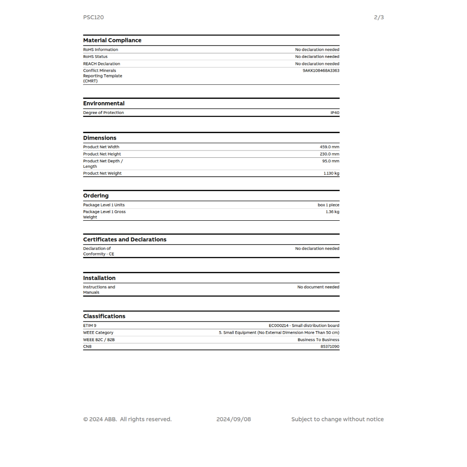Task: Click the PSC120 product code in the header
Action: [x=93, y=17]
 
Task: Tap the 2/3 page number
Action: [x=379, y=17]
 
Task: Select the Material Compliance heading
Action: [x=112, y=40]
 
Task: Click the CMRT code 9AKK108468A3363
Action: [x=321, y=71]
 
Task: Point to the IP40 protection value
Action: [x=335, y=113]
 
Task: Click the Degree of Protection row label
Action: [x=104, y=113]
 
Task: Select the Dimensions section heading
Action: [x=99, y=138]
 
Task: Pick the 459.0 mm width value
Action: [x=329, y=147]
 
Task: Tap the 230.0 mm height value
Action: [x=329, y=154]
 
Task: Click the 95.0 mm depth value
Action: [x=331, y=161]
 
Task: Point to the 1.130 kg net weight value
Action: [x=331, y=173]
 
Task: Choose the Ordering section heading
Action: [x=96, y=196]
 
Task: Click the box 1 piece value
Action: [x=328, y=205]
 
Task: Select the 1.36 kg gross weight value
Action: [x=332, y=212]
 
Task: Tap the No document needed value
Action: [x=318, y=287]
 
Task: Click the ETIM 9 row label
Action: [x=90, y=326]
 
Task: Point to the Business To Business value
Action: [x=318, y=340]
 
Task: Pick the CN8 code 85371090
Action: [x=330, y=347]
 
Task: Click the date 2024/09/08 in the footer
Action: [x=233, y=419]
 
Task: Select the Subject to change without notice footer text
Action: [x=337, y=419]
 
